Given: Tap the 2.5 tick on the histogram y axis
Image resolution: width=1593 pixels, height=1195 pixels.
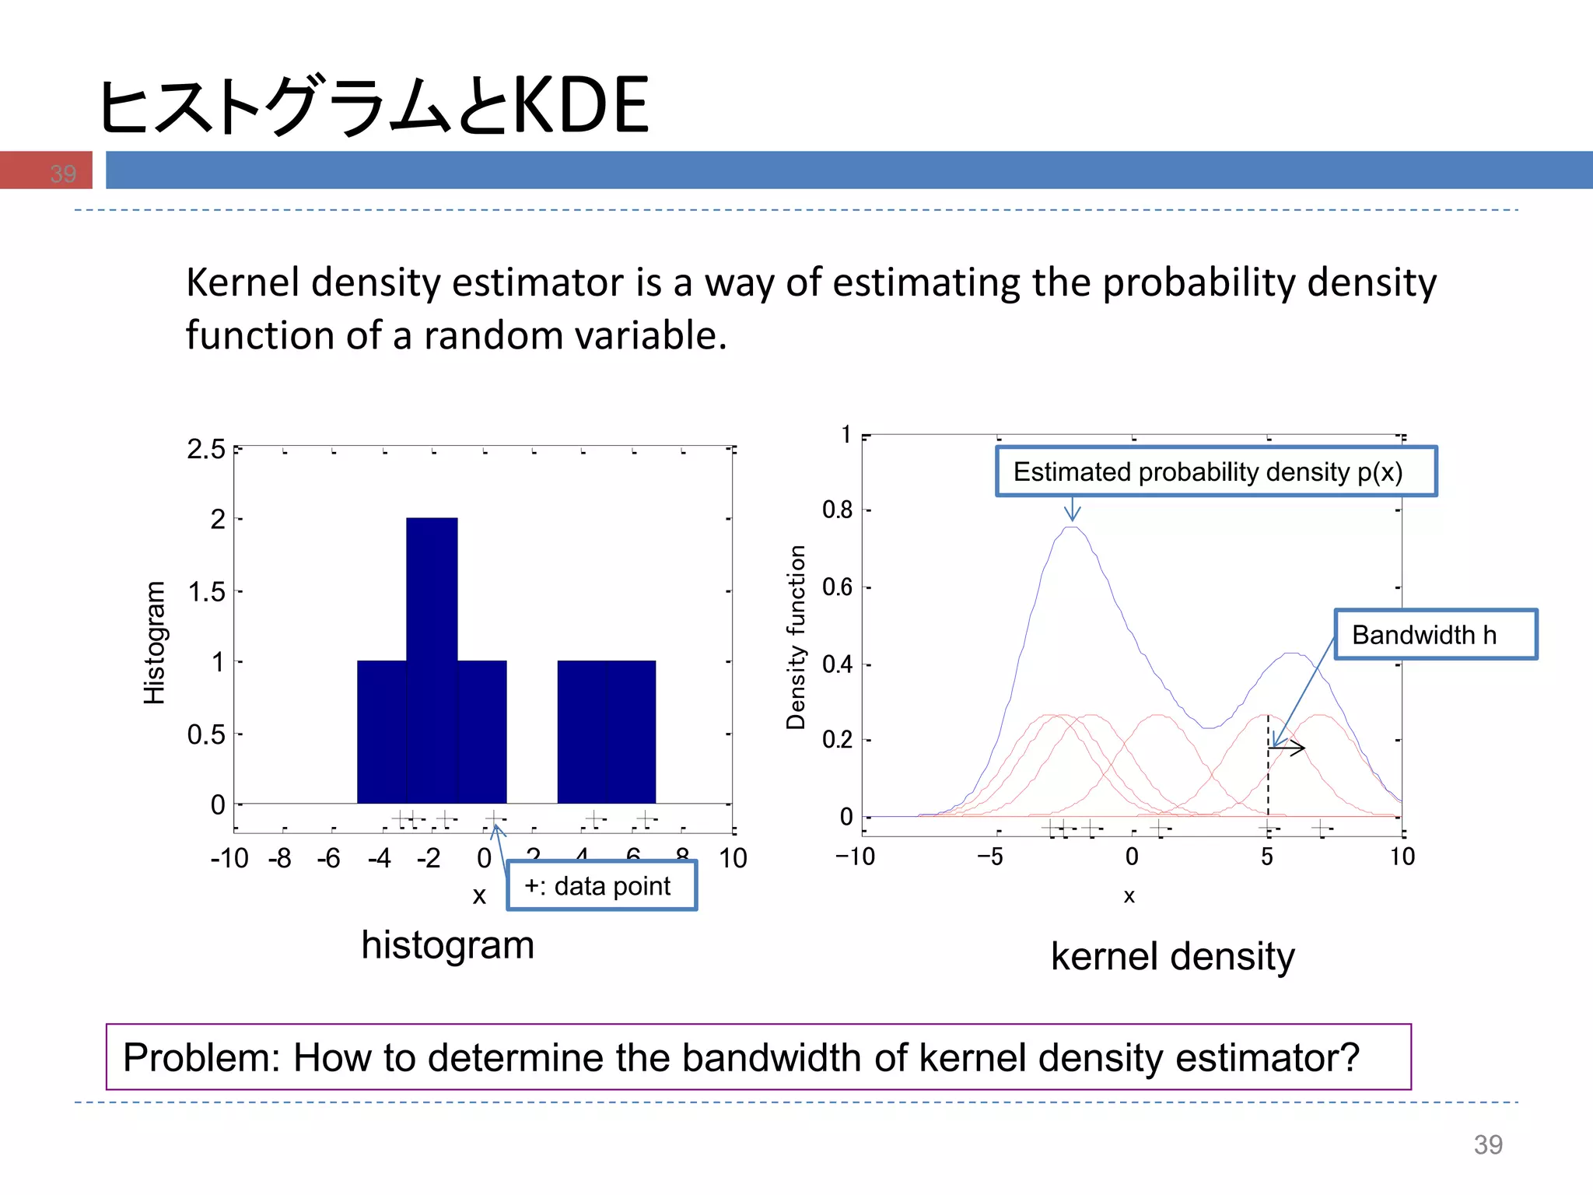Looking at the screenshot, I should tap(206, 450).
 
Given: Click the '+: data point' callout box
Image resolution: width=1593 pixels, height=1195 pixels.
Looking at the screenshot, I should tap(601, 885).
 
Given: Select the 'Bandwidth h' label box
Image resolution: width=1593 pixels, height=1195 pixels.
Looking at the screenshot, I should tap(1435, 635).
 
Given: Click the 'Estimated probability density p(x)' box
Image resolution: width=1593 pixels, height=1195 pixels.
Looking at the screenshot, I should tap(1216, 471).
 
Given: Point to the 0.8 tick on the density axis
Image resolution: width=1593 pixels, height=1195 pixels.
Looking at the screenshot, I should tap(838, 510).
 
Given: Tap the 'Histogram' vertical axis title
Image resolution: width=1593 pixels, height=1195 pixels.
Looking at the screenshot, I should tap(155, 643).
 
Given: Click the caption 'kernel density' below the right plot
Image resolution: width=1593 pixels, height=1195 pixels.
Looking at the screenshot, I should tap(1172, 956).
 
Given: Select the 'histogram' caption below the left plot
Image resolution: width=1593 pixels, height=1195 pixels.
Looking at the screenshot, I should tap(447, 945).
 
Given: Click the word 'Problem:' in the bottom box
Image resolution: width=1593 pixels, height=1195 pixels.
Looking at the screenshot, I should tap(201, 1057).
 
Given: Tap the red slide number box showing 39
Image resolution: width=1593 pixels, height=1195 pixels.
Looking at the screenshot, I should tap(47, 170).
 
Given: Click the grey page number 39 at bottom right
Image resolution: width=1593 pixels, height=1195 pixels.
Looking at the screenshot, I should tap(1487, 1144).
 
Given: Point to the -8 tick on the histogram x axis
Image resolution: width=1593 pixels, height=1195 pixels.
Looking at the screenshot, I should tap(279, 858).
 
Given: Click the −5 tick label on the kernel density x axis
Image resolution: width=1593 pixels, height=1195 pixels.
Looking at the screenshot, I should tap(990, 857).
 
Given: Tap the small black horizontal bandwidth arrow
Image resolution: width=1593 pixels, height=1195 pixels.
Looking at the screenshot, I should tap(1287, 748).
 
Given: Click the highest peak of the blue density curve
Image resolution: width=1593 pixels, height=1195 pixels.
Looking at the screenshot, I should tap(1073, 527).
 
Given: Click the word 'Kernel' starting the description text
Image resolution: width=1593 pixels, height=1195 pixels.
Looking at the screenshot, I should tap(242, 282).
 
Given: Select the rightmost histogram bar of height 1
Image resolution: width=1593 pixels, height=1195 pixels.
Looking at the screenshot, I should tap(631, 731).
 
